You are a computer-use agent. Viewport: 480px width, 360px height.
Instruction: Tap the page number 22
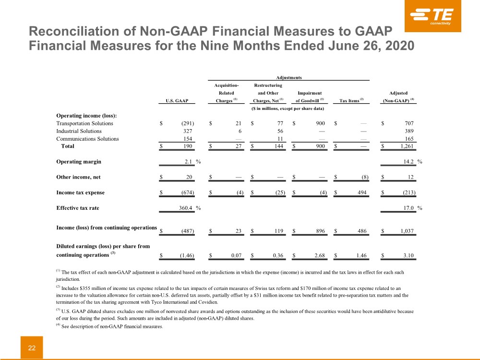pyautogui.click(x=32, y=348)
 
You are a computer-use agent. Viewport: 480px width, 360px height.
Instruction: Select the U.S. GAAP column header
pyautogui.click(x=177, y=101)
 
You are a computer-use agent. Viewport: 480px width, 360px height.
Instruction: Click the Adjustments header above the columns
pyautogui.click(x=289, y=77)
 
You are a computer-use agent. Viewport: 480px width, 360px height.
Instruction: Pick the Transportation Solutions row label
pyautogui.click(x=85, y=123)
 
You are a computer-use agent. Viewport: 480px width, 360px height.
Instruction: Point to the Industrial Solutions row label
pyautogui.click(x=79, y=131)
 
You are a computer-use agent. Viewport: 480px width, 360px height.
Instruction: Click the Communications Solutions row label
pyautogui.click(x=87, y=139)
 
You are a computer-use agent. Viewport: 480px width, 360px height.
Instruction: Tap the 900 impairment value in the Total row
pyautogui.click(x=320, y=146)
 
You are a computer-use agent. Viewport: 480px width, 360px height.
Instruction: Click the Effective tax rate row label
pyautogui.click(x=78, y=208)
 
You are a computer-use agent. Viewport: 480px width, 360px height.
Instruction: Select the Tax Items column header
pyautogui.click(x=352, y=101)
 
